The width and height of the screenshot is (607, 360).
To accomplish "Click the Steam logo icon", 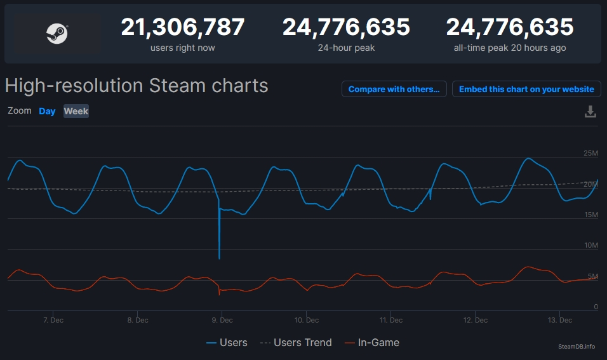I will coord(57,33).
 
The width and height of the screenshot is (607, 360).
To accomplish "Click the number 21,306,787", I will coord(183,27).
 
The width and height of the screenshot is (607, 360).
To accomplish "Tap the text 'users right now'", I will coord(183,48).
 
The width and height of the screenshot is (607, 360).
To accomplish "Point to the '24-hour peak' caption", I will coord(346,48).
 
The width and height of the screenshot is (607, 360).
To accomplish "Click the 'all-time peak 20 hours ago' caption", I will coord(510,48).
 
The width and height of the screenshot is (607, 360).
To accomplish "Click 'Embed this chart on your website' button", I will coord(526,90).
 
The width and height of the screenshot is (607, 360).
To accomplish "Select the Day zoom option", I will coord(47,111).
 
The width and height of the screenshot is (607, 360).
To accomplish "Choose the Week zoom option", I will coord(76,111).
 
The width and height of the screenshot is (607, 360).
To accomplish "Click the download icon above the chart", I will coord(590,112).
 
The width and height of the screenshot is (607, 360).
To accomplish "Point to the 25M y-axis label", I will coord(590,153).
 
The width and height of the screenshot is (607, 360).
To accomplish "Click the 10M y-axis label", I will coord(590,246).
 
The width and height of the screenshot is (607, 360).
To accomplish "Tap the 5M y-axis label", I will coord(592,276).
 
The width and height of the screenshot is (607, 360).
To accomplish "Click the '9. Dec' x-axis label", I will coord(222,320).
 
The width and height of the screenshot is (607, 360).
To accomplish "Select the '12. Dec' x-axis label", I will coord(476,320).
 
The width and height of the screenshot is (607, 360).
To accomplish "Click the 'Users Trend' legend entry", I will coord(302,343).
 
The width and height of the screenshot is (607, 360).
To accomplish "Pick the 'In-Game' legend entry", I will coord(378,343).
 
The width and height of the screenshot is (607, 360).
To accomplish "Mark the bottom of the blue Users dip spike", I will coord(219,258).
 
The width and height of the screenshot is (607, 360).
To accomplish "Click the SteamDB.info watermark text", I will coord(577,346).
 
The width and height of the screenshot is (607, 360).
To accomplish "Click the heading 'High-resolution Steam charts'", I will coord(137,86).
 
